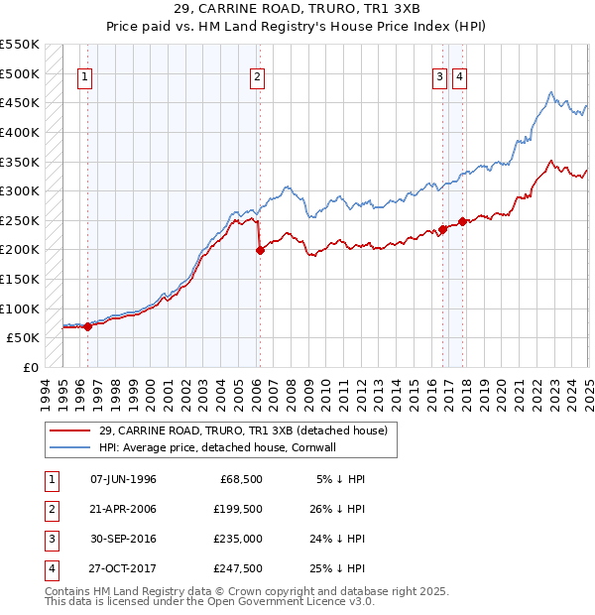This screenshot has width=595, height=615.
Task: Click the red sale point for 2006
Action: pyautogui.click(x=260, y=250)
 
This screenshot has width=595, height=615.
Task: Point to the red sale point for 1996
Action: pyautogui.click(x=87, y=325)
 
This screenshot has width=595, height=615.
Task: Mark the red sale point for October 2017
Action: pyautogui.click(x=462, y=221)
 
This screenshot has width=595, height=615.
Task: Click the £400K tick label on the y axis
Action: pyautogui.click(x=21, y=132)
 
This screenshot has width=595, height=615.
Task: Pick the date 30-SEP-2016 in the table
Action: pyautogui.click(x=122, y=540)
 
